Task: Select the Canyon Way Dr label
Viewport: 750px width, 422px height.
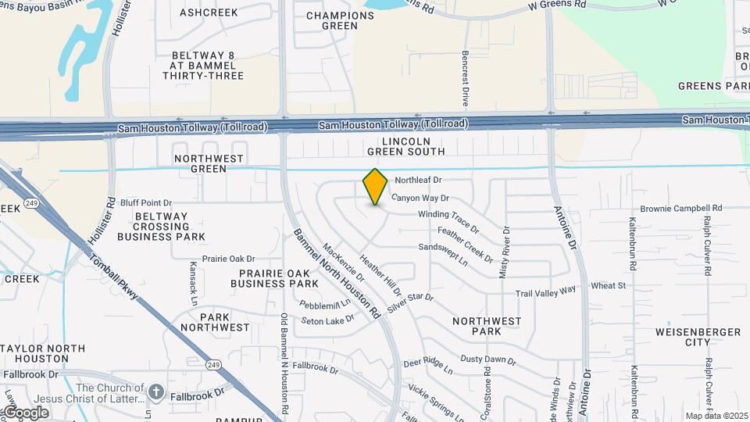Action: pos(420,198)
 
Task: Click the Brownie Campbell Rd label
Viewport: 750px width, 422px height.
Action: pos(681,209)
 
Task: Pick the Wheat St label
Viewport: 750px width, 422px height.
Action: pos(609,286)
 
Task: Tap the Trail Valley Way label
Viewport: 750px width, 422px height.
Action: pos(545,291)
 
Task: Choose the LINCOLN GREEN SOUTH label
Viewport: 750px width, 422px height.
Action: pos(403,146)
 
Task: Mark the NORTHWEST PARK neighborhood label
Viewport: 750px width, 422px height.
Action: pos(487,326)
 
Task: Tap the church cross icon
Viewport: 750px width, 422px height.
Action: pos(156,392)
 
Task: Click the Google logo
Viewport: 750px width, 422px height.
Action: pos(26,413)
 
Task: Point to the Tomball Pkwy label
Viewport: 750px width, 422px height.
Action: pos(112,277)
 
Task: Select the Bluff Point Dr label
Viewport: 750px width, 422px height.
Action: pos(146,203)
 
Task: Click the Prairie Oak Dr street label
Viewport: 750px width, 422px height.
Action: pos(229,259)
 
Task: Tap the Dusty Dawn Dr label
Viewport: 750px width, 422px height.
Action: pos(487,359)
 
